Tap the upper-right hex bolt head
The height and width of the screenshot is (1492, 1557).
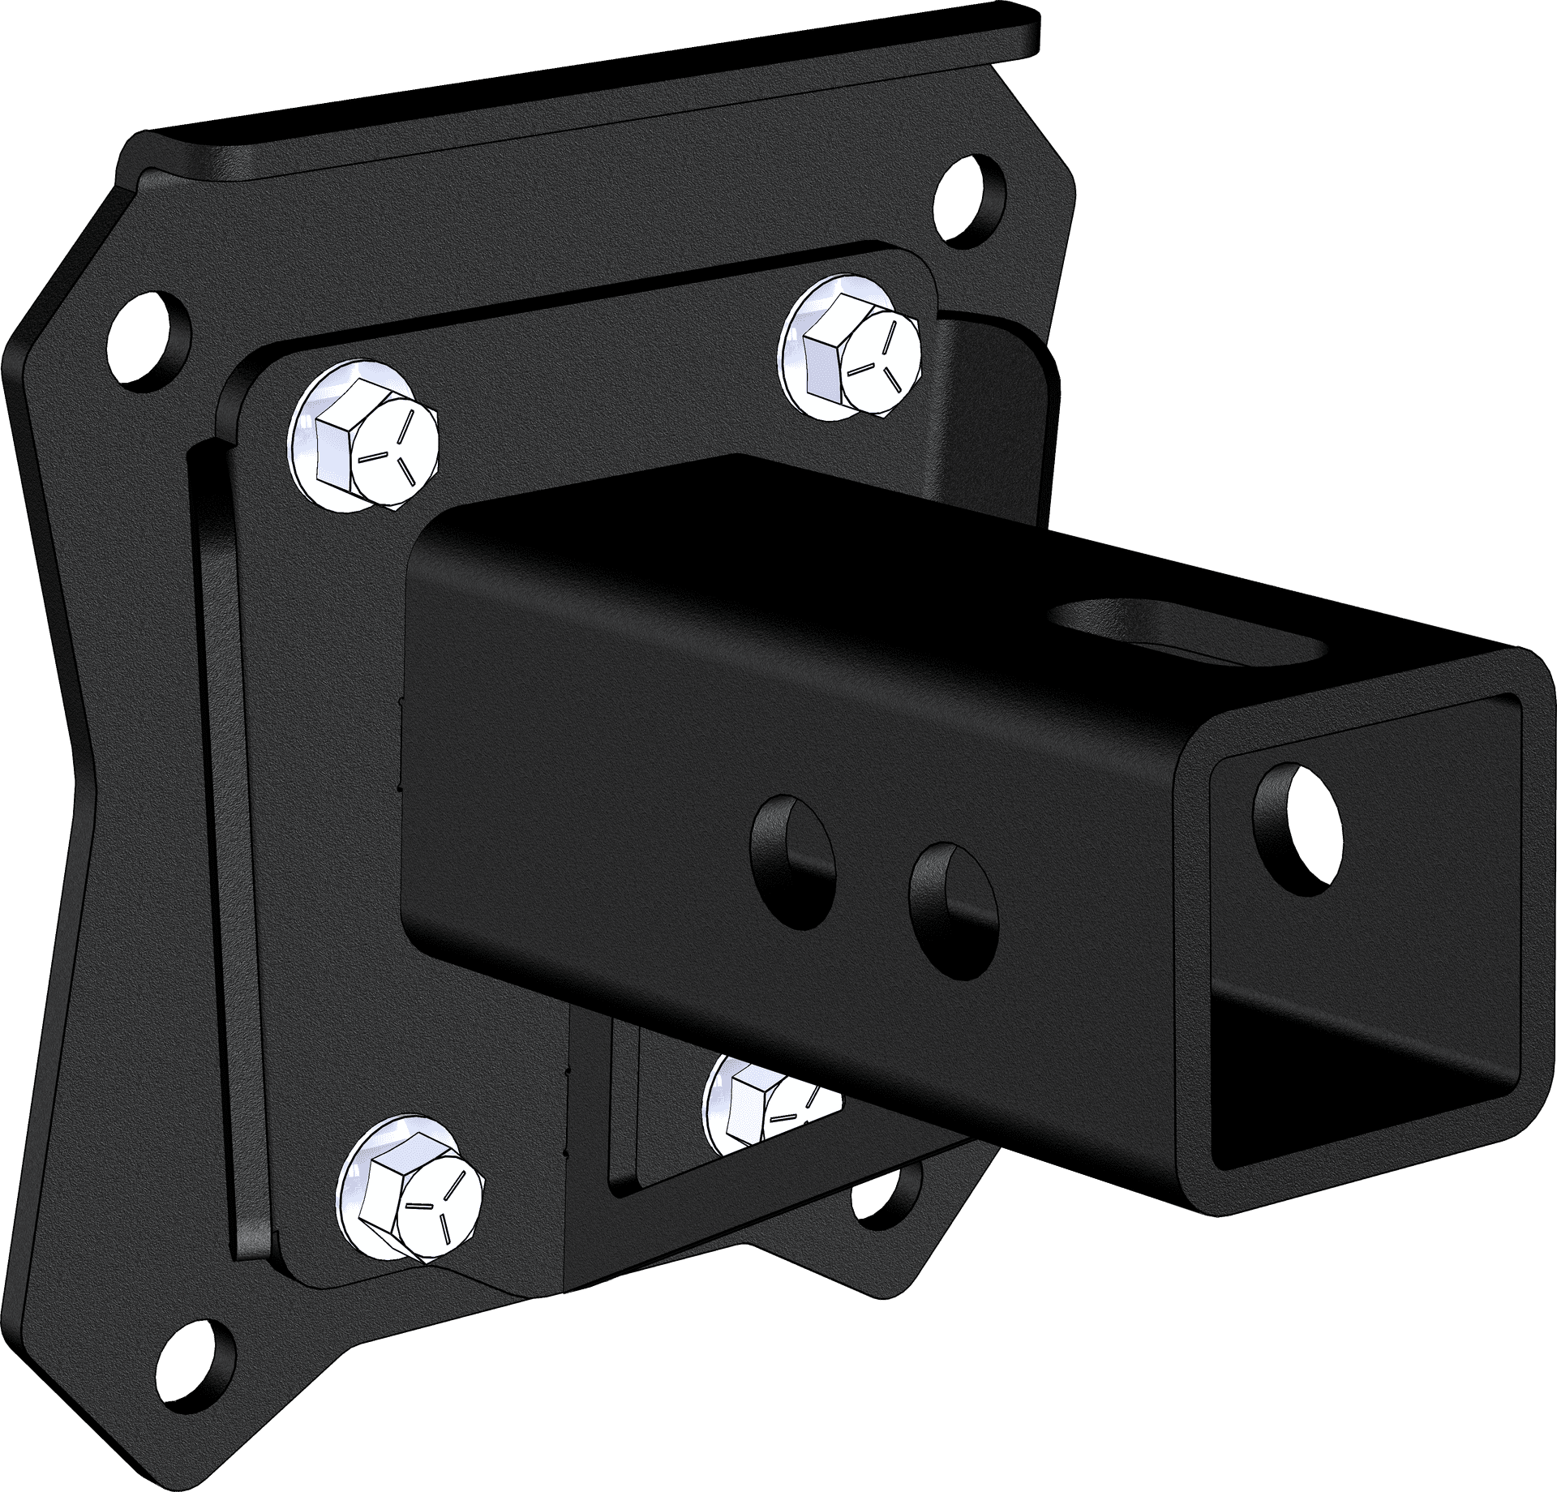860,357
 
